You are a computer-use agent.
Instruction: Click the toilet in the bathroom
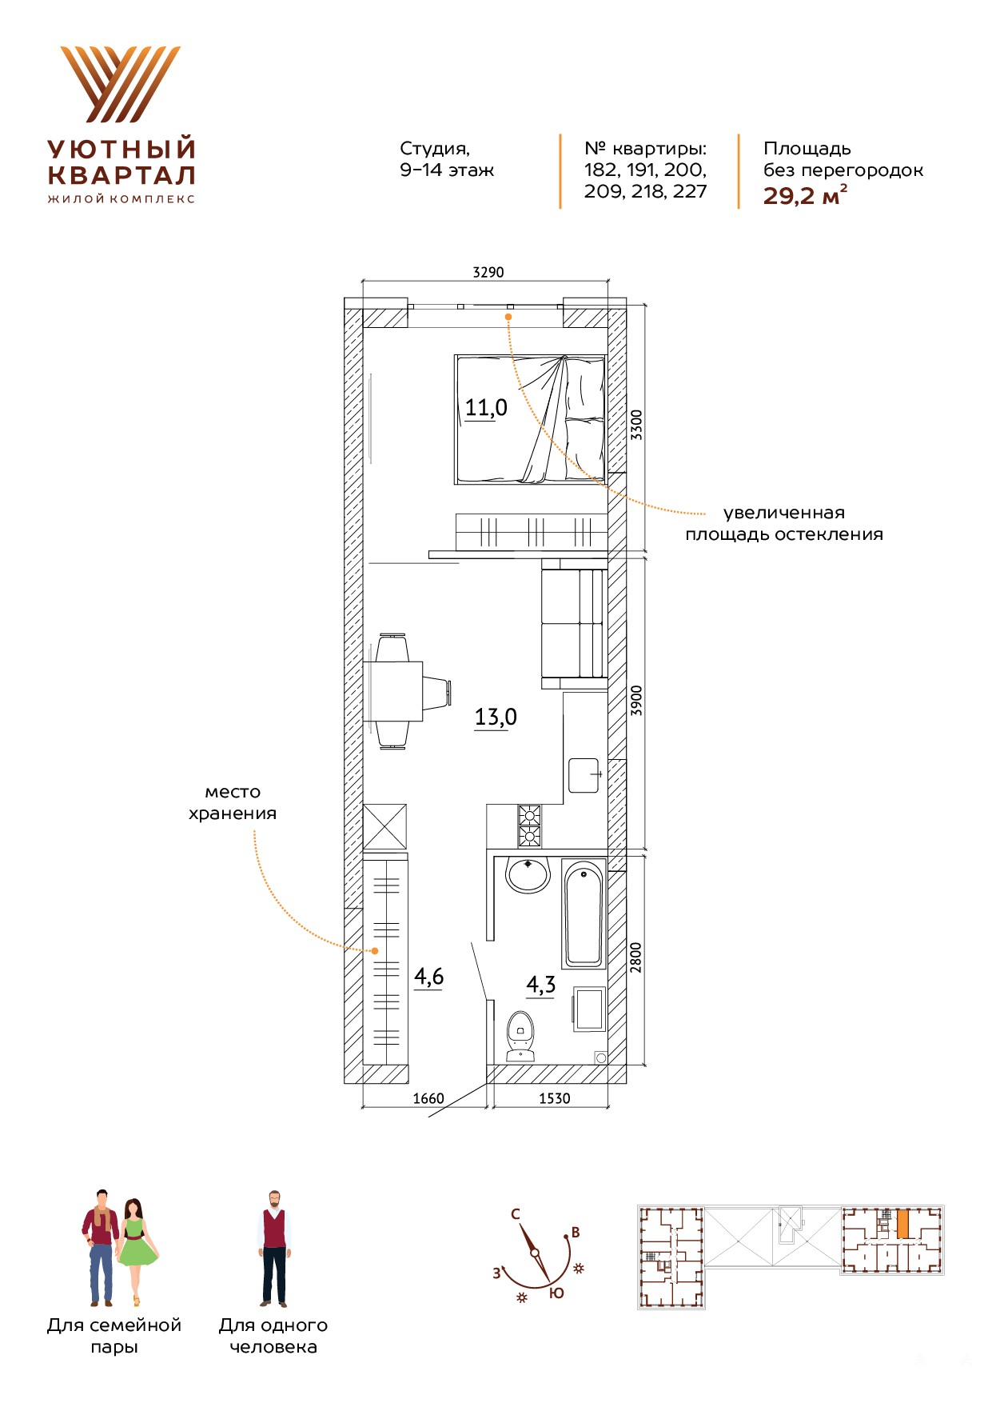click(x=520, y=1036)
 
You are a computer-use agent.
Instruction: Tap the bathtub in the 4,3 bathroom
click(x=584, y=913)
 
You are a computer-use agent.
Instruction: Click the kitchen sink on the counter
click(x=584, y=775)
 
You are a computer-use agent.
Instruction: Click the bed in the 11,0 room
click(x=530, y=419)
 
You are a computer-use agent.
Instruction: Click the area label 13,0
click(x=496, y=717)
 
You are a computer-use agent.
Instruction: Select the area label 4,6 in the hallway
click(x=429, y=977)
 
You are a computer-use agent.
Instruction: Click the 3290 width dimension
click(x=488, y=272)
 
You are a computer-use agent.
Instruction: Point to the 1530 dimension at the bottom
click(x=554, y=1098)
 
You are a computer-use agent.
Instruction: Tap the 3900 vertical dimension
click(x=636, y=701)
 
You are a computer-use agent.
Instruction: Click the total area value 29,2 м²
click(x=805, y=195)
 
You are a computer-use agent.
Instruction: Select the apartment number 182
click(x=601, y=170)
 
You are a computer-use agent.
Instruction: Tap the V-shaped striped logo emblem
click(x=121, y=84)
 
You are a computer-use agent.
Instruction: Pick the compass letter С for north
click(x=516, y=1213)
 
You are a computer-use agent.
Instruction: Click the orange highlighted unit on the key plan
click(x=902, y=1225)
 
